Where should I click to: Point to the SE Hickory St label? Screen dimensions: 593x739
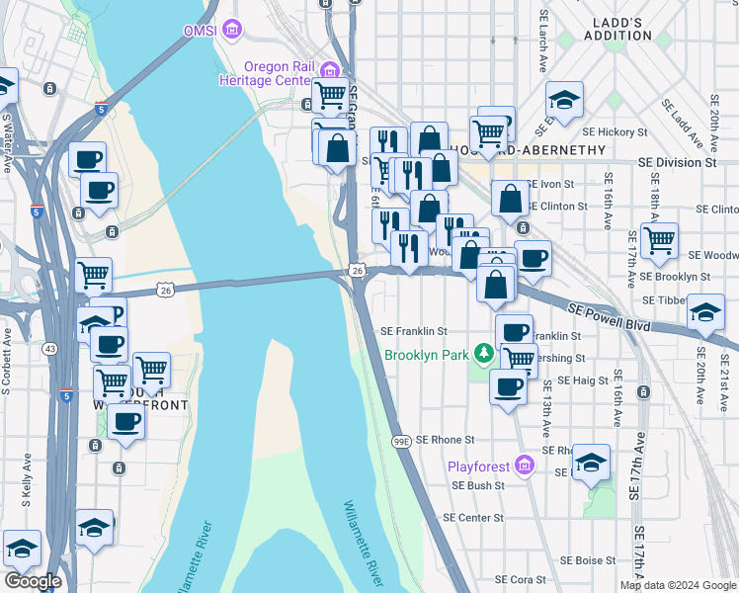point(615,130)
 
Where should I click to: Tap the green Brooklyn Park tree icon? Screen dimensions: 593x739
point(483,353)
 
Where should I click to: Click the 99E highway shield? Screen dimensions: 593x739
point(400,440)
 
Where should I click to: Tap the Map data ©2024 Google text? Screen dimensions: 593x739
point(678,585)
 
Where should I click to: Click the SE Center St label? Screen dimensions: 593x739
point(473,517)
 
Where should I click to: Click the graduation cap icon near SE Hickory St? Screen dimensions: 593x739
point(564,100)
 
